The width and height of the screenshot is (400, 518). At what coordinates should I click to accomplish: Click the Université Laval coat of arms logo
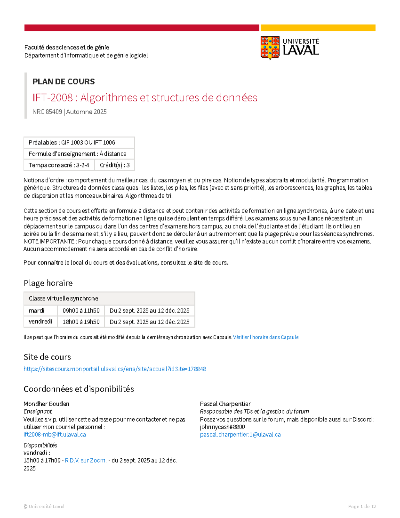pyautogui.click(x=270, y=48)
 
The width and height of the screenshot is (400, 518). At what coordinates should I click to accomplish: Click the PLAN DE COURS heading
pyautogui.click(x=63, y=81)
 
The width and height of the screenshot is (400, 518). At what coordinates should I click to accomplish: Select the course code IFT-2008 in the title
pyautogui.click(x=52, y=97)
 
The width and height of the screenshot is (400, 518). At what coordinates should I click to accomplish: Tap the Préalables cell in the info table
pyautogui.click(x=79, y=142)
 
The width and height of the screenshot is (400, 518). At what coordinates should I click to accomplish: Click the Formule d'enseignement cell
pyautogui.click(x=79, y=154)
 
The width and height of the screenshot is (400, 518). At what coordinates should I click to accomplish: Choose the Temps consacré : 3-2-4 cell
pyautogui.click(x=59, y=165)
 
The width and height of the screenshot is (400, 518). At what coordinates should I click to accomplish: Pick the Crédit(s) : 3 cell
pyautogui.click(x=115, y=165)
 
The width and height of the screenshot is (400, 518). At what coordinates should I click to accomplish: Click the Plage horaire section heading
pyautogui.click(x=48, y=283)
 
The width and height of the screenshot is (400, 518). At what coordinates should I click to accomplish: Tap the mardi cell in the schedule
pyautogui.click(x=37, y=311)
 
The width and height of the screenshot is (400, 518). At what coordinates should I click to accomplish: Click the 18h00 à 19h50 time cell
pyautogui.click(x=81, y=322)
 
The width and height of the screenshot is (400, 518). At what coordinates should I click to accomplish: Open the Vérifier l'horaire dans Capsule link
pyautogui.click(x=266, y=337)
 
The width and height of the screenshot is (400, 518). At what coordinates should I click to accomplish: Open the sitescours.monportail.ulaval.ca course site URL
pyautogui.click(x=115, y=369)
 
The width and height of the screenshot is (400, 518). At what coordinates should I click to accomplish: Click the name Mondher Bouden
pyautogui.click(x=46, y=404)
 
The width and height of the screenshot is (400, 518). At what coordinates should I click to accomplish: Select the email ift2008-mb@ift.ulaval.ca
pyautogui.click(x=55, y=435)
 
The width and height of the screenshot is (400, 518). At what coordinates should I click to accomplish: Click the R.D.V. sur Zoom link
pyautogui.click(x=86, y=460)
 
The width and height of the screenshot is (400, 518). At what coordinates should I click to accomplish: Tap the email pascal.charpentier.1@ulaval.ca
pyautogui.click(x=240, y=435)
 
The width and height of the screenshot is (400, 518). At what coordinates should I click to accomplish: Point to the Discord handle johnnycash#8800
pyautogui.click(x=222, y=427)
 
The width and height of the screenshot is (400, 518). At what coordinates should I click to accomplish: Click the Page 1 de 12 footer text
pyautogui.click(x=362, y=506)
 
